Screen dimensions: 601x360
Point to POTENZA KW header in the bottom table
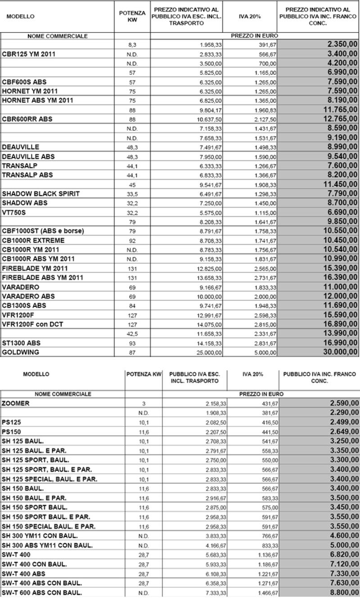click(144, 374)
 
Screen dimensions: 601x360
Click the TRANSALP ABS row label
click(27, 175)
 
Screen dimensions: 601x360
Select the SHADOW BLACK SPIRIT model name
click(41, 194)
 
